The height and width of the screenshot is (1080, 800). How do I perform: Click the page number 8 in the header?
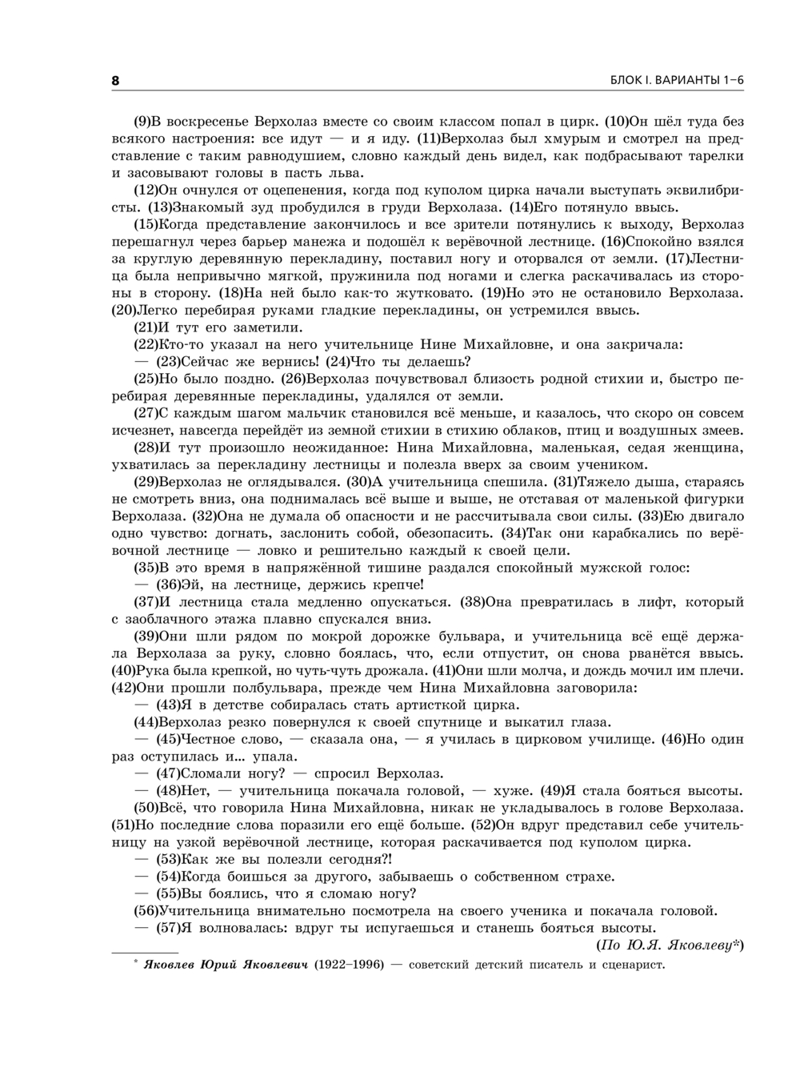115,81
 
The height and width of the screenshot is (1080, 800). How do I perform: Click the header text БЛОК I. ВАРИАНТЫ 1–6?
677,81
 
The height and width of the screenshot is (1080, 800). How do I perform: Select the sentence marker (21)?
146,327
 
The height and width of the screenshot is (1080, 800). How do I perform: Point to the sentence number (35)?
146,568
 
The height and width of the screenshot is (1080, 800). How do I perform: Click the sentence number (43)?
168,705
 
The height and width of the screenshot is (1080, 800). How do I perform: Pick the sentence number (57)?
168,928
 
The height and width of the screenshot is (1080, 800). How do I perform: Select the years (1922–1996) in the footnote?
352,964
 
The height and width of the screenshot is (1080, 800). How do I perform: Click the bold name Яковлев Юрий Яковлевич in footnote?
226,964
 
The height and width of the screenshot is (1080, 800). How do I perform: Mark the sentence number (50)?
146,808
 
